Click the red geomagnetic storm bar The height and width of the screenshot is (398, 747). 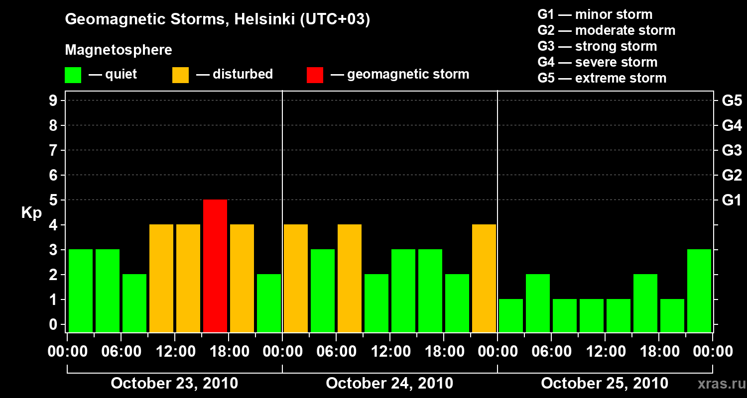click(x=215, y=266)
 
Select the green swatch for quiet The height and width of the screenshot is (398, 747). click(x=73, y=75)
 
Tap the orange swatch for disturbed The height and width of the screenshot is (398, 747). click(x=180, y=75)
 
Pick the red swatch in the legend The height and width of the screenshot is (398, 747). click(x=315, y=75)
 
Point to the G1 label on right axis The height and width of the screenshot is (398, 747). click(x=732, y=200)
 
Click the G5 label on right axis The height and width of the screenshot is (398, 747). click(x=732, y=101)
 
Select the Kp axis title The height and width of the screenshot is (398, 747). click(x=31, y=213)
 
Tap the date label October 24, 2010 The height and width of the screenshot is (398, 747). click(x=389, y=384)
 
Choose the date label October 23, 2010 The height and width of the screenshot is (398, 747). click(x=174, y=384)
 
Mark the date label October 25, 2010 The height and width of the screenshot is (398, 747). click(x=605, y=384)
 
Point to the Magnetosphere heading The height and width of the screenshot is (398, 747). click(x=119, y=50)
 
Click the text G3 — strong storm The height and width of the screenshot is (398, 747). click(x=597, y=46)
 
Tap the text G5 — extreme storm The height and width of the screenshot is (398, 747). click(x=602, y=78)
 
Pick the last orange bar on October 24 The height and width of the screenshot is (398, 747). click(x=484, y=278)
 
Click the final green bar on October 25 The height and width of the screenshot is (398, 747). click(x=699, y=291)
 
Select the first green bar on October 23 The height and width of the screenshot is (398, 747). click(x=81, y=291)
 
